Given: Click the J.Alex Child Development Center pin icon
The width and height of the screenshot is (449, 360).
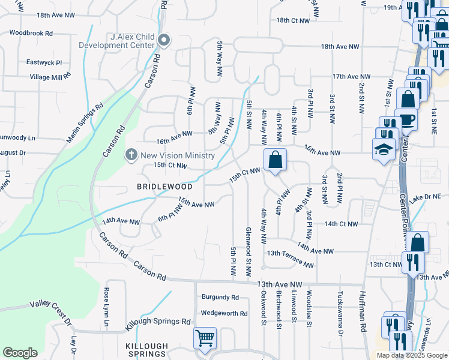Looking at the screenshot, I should (164, 41).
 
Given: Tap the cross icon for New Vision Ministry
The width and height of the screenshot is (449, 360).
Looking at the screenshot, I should (131, 155).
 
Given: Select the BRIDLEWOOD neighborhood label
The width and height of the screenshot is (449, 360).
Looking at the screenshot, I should (164, 187).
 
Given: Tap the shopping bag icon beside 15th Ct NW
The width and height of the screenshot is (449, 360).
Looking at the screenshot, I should (275, 160).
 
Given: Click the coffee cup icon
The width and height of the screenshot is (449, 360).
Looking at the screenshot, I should (406, 119).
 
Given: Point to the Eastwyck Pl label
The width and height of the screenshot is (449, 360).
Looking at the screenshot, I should (44, 62).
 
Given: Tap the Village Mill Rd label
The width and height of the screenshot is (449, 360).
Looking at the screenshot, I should (50, 77).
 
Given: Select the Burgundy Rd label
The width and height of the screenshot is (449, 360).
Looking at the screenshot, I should (220, 297).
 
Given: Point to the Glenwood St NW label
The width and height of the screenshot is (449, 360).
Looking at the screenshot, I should (248, 251).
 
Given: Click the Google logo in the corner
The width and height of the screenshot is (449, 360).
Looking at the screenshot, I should (20, 353).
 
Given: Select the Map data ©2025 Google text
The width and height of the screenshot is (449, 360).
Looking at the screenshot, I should (411, 355).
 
